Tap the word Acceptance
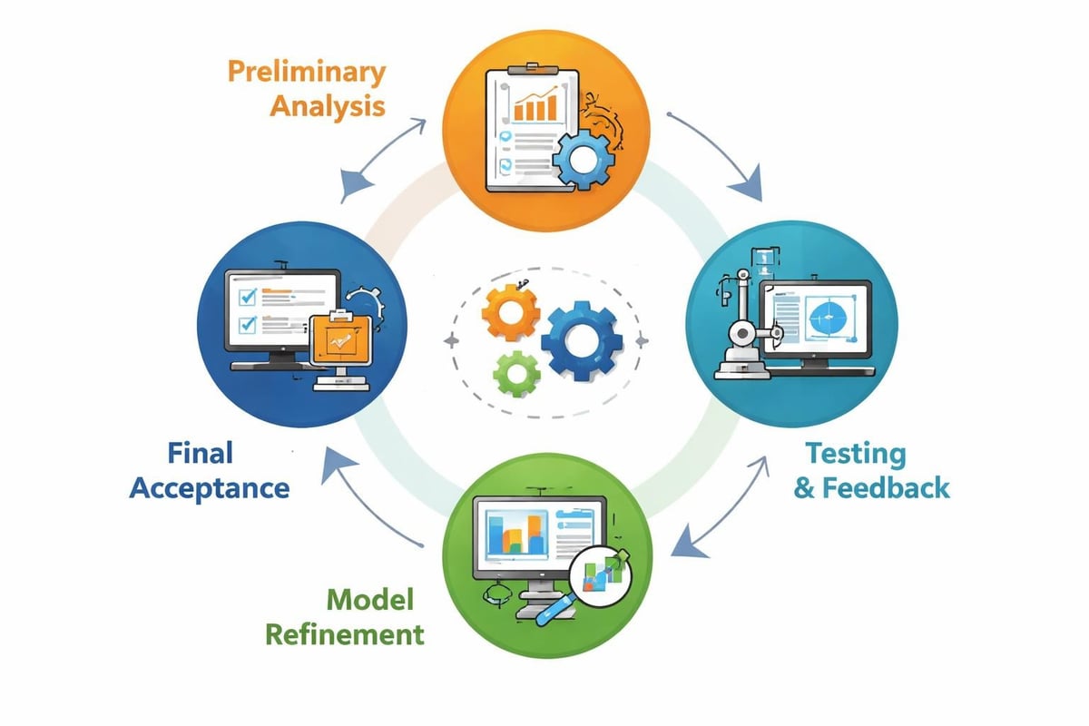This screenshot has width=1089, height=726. [210, 487]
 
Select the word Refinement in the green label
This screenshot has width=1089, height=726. [344, 633]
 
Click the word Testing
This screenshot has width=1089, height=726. [856, 453]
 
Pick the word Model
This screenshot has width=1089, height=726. [370, 599]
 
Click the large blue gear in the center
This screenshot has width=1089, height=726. [581, 339]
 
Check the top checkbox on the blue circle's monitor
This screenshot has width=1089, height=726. [245, 296]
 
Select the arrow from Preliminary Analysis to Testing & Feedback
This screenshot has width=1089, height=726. [717, 154]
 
